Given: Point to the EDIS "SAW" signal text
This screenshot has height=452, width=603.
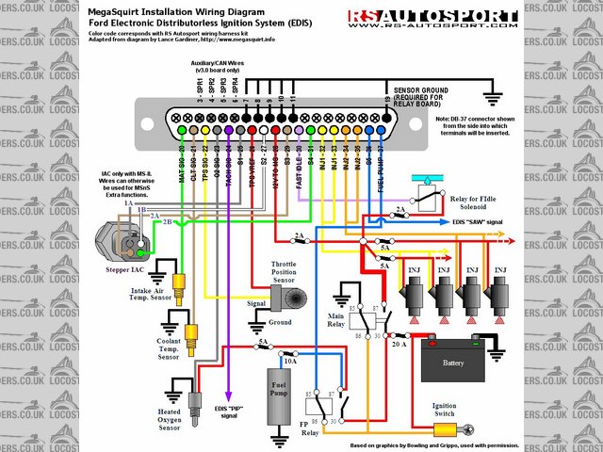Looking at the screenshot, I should coord(481,220).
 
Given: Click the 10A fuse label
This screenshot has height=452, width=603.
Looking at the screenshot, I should coord(290,361).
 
